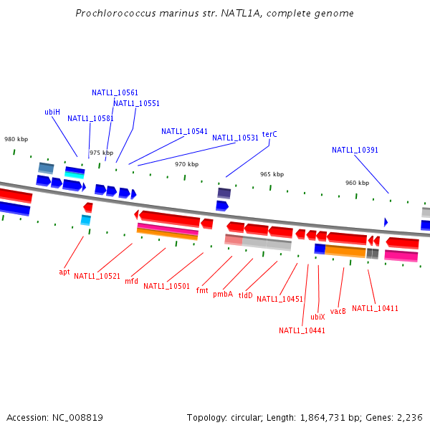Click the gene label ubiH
[x=52, y=112]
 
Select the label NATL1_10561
[x=115, y=92]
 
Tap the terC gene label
[x=269, y=134]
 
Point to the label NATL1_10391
[x=355, y=150]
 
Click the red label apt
[x=64, y=272]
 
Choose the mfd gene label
[x=132, y=281]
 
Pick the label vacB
[x=338, y=311]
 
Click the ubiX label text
[x=317, y=316]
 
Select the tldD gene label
[x=246, y=295]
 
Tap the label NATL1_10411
[x=375, y=308]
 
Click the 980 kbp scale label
[x=16, y=139]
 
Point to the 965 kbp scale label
[x=272, y=174]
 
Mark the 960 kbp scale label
[x=357, y=183]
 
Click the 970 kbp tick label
[x=186, y=164]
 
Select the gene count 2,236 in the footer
[x=410, y=417]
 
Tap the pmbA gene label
[x=223, y=294]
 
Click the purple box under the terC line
[x=224, y=193]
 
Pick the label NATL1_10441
[x=302, y=330]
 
